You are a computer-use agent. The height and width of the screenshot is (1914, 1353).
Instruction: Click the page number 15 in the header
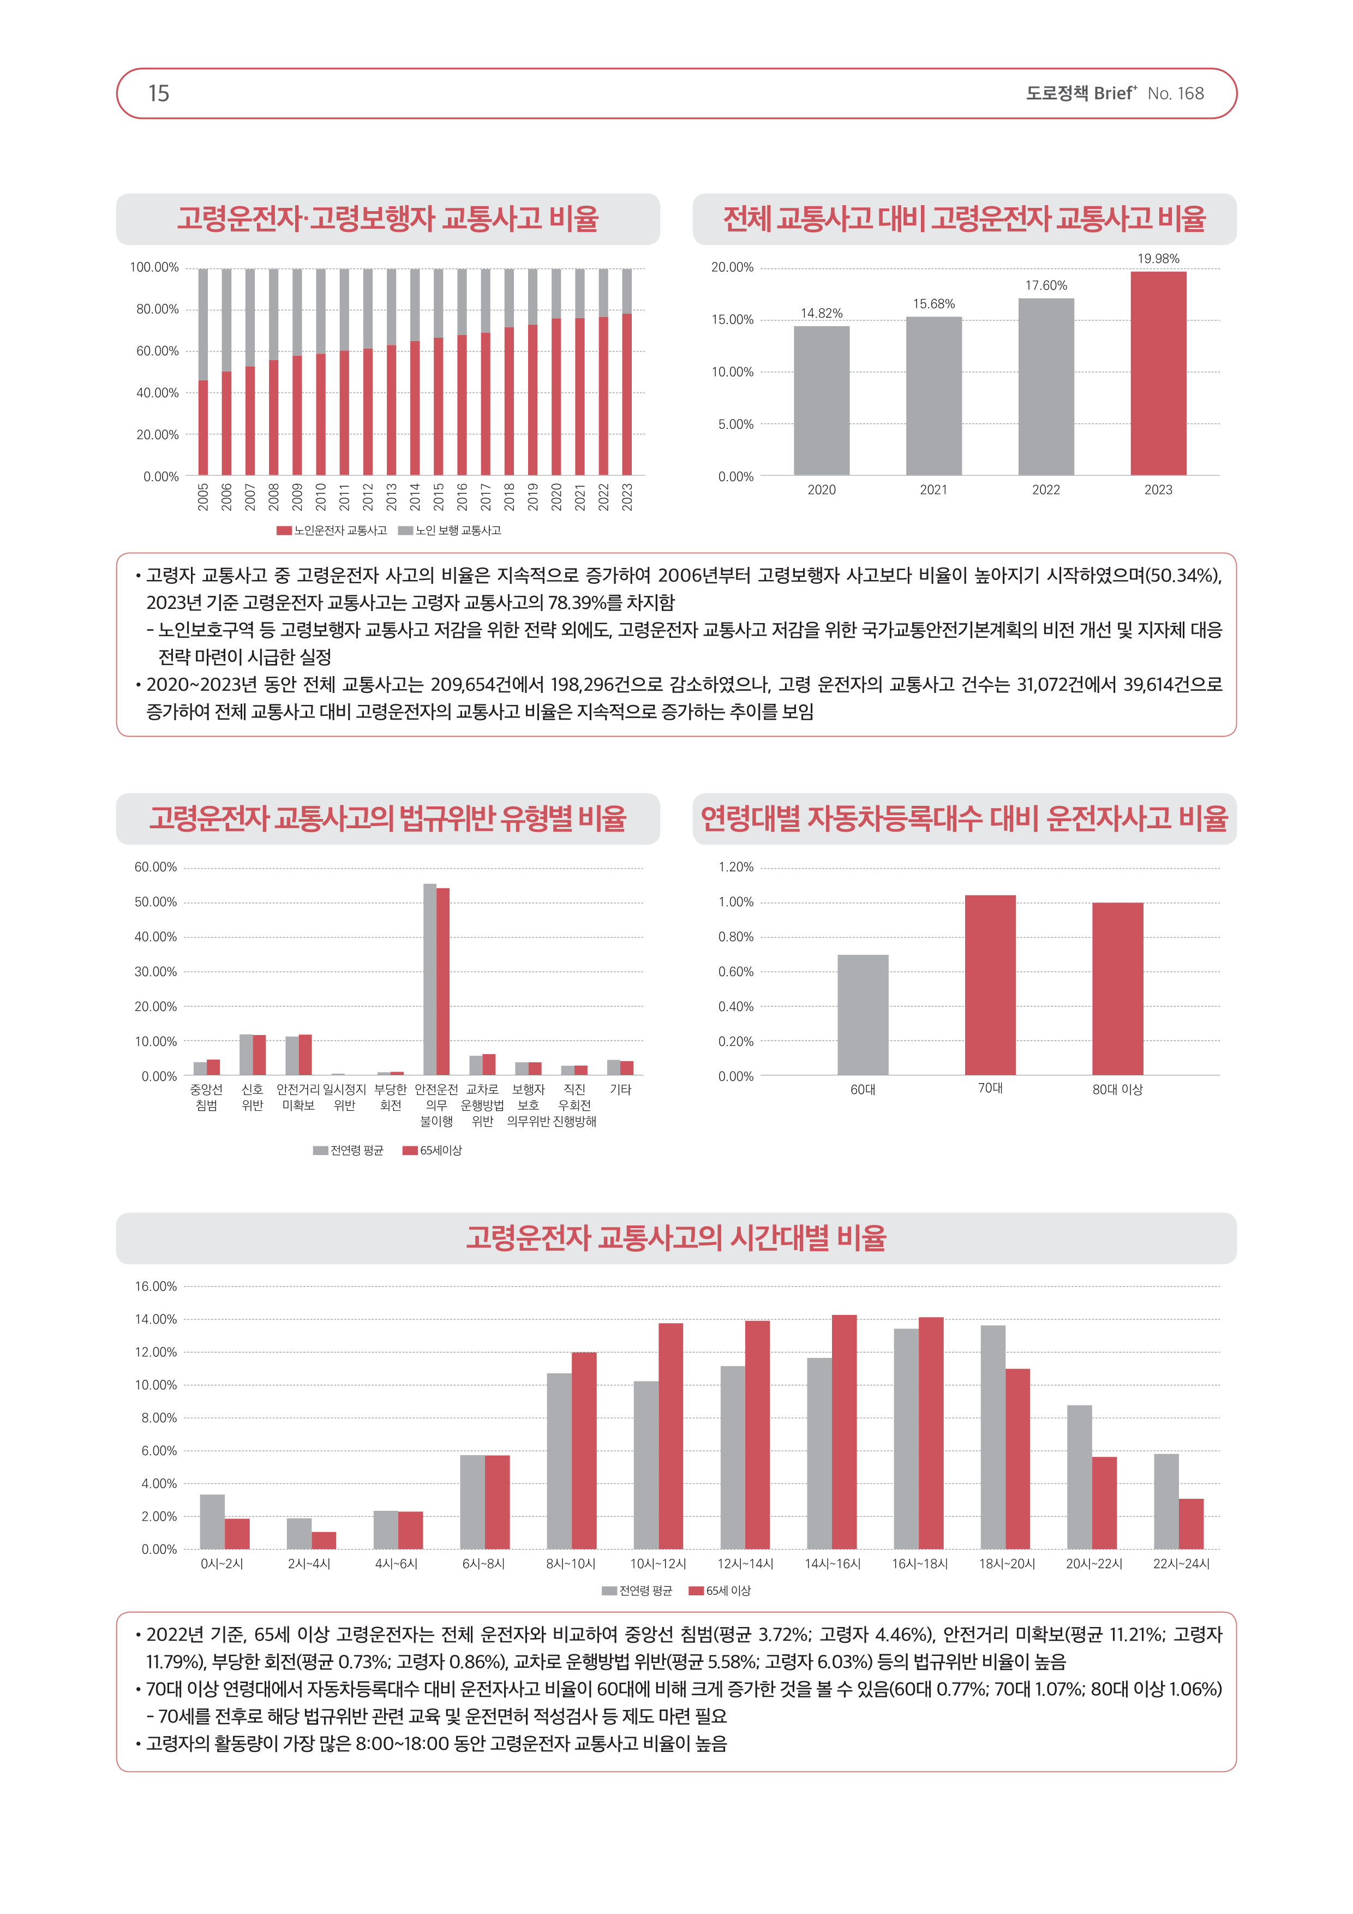point(158,93)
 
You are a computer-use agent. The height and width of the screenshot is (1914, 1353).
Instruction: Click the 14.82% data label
point(821,313)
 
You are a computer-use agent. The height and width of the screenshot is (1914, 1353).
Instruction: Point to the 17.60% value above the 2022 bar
point(1045,285)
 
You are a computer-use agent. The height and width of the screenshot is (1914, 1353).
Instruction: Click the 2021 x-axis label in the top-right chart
point(933,490)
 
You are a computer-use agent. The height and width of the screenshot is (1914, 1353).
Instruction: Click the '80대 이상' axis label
point(1117,1090)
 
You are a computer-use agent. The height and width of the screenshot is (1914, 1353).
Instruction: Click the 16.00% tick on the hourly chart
point(156,1287)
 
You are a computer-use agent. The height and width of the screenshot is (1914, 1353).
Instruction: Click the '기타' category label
point(620,1090)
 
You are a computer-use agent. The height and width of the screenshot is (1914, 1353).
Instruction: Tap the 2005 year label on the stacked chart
point(202,497)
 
